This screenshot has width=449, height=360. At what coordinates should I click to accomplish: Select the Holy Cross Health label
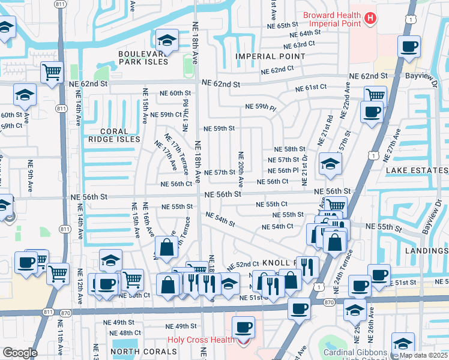(x=200, y=340)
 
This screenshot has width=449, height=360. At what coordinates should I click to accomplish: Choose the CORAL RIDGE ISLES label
(x=113, y=135)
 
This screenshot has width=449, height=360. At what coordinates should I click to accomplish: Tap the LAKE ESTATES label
(x=417, y=170)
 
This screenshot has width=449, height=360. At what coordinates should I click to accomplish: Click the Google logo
(x=20, y=352)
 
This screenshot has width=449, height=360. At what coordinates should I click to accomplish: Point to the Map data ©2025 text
(x=423, y=355)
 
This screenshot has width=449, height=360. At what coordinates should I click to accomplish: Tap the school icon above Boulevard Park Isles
(x=166, y=40)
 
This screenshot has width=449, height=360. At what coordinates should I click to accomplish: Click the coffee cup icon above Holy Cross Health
(x=244, y=328)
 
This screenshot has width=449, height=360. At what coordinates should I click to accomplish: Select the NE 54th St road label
(x=220, y=219)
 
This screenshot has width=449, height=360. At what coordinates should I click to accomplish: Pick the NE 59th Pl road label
(x=261, y=107)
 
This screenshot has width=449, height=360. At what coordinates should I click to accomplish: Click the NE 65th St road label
(x=284, y=25)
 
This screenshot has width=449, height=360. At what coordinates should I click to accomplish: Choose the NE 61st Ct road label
(x=310, y=88)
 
